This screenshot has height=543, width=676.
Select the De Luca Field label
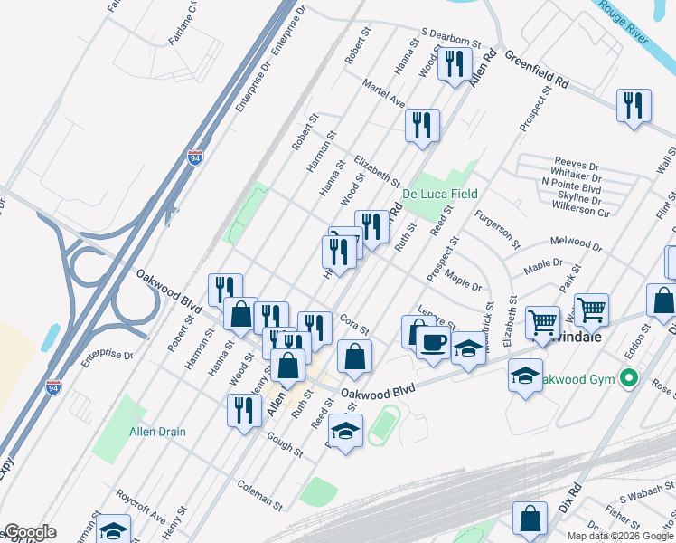(439, 194)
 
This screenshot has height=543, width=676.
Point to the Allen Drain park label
(157, 432)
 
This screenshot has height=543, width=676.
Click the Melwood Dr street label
(576, 244)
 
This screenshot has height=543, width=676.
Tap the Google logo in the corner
(30, 532)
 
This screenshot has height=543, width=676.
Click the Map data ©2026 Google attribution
(620, 536)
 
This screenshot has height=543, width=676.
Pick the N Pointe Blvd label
(571, 182)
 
